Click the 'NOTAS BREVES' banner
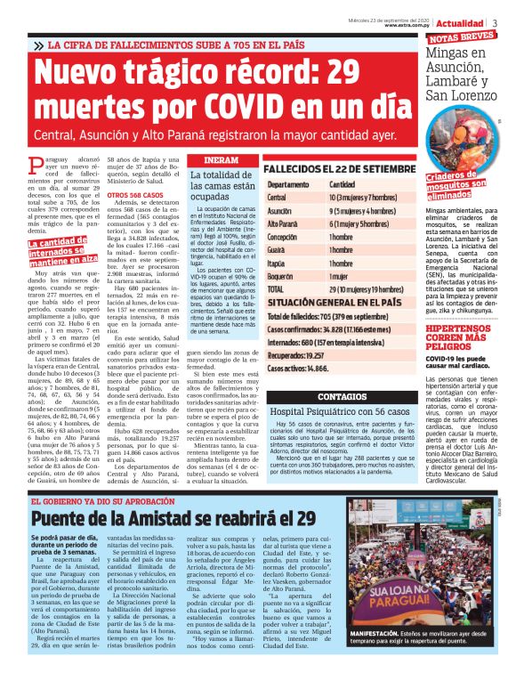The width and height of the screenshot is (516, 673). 461,37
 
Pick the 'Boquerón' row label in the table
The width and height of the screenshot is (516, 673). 281,277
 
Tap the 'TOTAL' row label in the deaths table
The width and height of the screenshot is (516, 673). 277,290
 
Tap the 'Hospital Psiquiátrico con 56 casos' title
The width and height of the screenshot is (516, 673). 327,412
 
